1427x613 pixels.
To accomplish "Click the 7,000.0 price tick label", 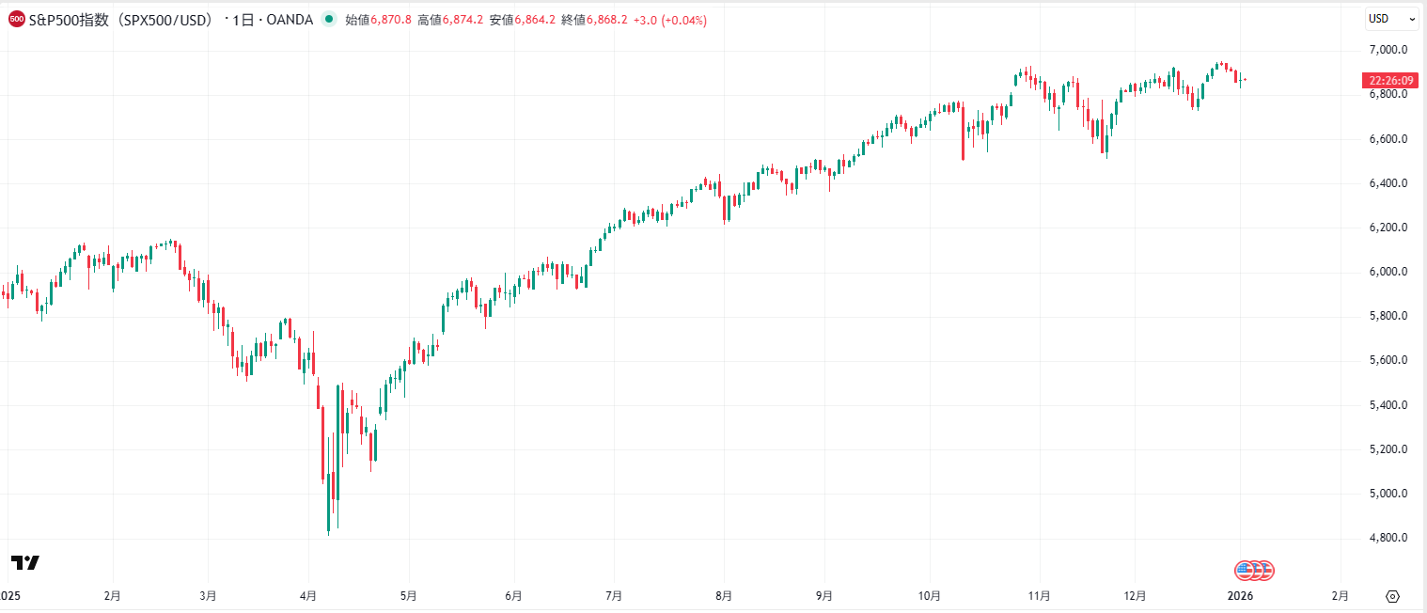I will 1388,49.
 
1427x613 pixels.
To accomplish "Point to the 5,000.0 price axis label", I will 1388,494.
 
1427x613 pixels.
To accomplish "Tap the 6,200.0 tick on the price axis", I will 1388,227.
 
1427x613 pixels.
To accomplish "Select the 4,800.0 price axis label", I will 1388,538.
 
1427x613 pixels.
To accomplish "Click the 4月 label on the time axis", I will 307,596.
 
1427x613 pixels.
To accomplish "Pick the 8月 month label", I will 724,596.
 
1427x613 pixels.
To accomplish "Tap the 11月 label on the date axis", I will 1039,596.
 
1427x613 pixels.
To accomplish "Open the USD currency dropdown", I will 1392,19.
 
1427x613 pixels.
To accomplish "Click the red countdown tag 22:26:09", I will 1388,81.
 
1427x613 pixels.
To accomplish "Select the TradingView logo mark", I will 25,562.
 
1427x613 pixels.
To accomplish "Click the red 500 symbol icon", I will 16,20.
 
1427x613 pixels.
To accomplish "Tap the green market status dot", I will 327,20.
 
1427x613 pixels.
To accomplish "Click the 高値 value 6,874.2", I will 463,20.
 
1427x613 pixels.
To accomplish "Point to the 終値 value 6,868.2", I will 607,20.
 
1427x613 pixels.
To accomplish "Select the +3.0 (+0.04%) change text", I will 671,20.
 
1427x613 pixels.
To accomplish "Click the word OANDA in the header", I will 290,20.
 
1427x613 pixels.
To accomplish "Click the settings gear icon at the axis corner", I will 1393,596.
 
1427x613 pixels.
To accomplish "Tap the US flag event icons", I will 1254,570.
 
